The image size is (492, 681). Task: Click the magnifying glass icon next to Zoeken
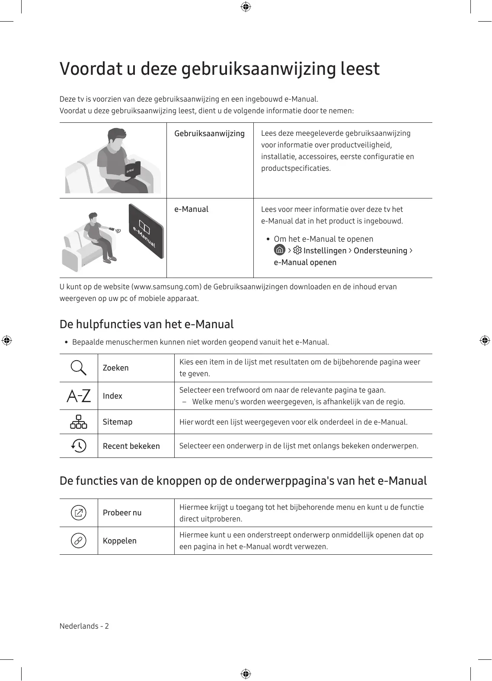(x=78, y=368)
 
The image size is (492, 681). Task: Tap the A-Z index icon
(x=79, y=396)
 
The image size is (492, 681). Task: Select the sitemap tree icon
(x=79, y=422)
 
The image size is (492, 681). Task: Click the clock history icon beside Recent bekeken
(x=79, y=446)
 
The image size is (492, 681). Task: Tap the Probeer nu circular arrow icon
(x=79, y=513)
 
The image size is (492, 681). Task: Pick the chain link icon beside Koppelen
(x=79, y=540)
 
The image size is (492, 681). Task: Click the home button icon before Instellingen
(x=280, y=250)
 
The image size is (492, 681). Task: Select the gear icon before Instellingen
(x=297, y=250)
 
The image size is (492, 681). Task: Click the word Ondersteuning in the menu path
(x=380, y=251)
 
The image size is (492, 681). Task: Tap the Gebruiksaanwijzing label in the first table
(x=209, y=134)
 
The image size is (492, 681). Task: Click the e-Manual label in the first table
(x=191, y=209)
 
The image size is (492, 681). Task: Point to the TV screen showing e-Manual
(x=146, y=231)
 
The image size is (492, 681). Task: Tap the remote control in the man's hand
(x=111, y=228)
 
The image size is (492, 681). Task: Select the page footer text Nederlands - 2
(x=84, y=626)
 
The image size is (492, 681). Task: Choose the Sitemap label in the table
(x=118, y=422)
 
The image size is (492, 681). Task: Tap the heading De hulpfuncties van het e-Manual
(x=147, y=324)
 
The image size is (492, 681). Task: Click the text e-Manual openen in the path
(x=305, y=262)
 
